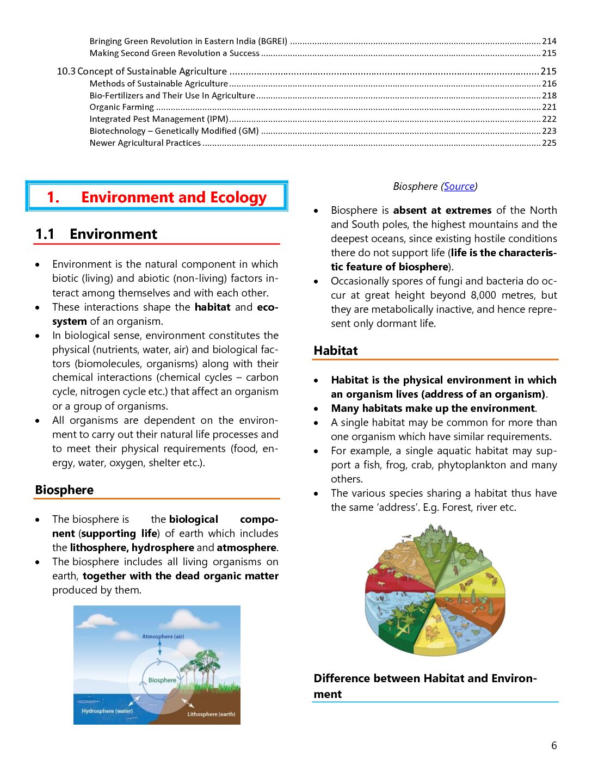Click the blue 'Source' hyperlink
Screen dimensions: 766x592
[x=459, y=187]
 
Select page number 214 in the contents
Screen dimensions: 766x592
[x=549, y=41]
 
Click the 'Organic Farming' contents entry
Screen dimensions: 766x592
[x=122, y=107]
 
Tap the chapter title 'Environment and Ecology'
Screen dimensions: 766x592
[x=174, y=197]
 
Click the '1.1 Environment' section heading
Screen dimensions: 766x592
[x=96, y=234]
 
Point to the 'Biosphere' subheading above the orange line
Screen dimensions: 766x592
[x=64, y=490]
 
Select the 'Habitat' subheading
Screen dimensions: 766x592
[x=336, y=351]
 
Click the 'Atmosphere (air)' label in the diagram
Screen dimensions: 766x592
[x=163, y=637]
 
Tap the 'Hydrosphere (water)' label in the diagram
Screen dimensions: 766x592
[x=107, y=711]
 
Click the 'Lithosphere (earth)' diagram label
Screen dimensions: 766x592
[x=211, y=714]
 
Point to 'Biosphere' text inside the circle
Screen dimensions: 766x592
[x=162, y=680]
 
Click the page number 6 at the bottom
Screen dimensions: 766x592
[x=554, y=746]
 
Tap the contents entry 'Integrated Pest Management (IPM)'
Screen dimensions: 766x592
[x=159, y=119]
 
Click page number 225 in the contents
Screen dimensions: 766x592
[x=549, y=143]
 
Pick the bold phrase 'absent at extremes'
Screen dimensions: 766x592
[x=442, y=211]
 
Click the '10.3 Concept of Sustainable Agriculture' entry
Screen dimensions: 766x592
[x=142, y=71]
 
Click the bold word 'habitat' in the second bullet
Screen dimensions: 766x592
[x=212, y=307]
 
